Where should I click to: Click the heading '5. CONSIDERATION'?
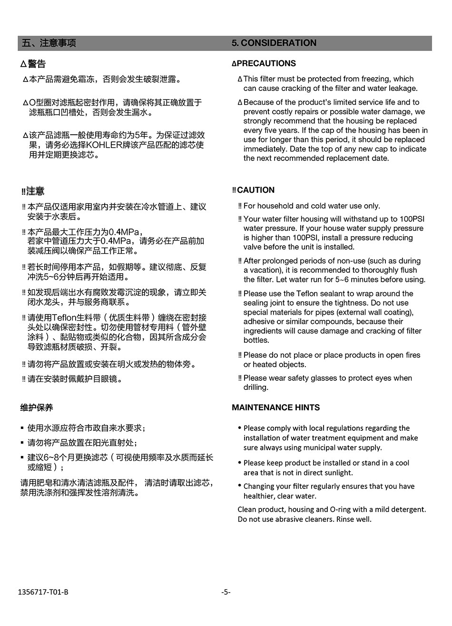(x=274, y=43)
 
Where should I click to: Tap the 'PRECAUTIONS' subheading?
(x=266, y=63)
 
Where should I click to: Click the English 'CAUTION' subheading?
(x=255, y=190)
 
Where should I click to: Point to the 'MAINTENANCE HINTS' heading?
(x=275, y=407)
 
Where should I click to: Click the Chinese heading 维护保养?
(x=37, y=407)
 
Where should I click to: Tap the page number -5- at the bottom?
(x=226, y=592)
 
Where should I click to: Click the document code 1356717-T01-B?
(x=43, y=592)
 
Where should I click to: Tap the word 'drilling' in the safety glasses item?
(x=255, y=388)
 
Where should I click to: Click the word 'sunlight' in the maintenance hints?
(x=338, y=473)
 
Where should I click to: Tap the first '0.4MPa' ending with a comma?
(x=126, y=232)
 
